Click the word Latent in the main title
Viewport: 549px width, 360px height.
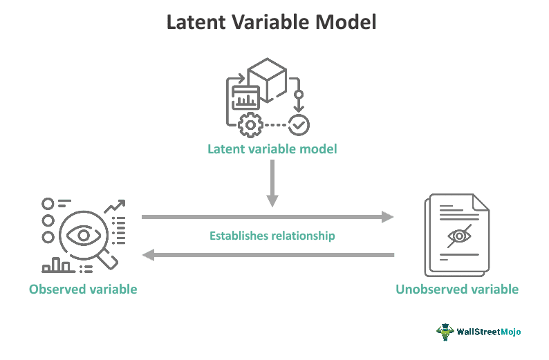(x=196, y=22)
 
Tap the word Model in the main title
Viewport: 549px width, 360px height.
(x=346, y=22)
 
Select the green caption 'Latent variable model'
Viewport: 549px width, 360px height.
(x=272, y=149)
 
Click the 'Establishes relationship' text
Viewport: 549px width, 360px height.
(x=272, y=236)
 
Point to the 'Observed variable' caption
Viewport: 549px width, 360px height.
(x=83, y=290)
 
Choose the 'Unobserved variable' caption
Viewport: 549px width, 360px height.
(x=457, y=290)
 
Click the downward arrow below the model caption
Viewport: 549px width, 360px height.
(x=272, y=183)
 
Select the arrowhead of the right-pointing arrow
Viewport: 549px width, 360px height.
(x=388, y=217)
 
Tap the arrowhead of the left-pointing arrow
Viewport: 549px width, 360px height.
(x=148, y=255)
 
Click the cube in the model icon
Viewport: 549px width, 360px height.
(x=267, y=80)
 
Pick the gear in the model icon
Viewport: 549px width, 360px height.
(x=250, y=125)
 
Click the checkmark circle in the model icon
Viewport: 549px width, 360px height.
(x=299, y=125)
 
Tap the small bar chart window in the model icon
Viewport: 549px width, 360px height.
(x=245, y=97)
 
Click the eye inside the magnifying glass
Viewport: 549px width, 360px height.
(x=84, y=235)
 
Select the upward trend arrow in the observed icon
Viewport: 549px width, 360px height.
(x=115, y=206)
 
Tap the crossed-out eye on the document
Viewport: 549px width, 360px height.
(x=459, y=236)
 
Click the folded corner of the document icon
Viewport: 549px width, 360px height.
(x=481, y=202)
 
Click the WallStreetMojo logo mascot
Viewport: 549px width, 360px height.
(x=445, y=332)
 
